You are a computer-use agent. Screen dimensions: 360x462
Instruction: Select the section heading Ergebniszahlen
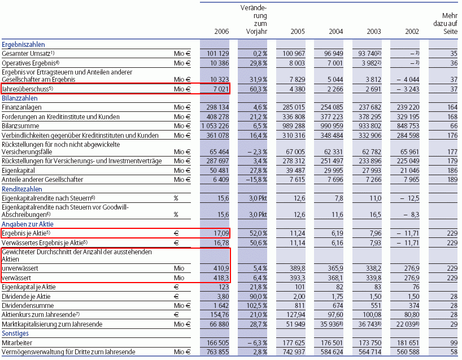23,44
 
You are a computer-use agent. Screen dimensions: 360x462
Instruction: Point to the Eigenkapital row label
18,170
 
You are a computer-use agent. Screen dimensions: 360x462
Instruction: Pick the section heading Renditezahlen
22,189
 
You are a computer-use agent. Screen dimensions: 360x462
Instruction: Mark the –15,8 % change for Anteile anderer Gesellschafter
256,180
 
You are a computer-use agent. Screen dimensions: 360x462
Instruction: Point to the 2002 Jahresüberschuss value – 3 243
407,89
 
